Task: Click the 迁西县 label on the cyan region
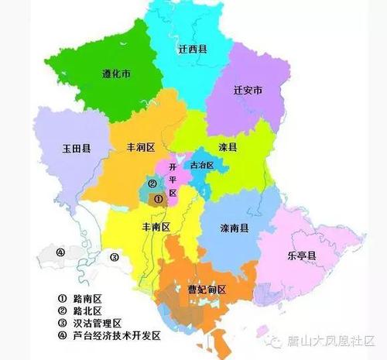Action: pyautogui.click(x=193, y=49)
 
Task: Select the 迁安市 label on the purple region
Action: pyautogui.click(x=248, y=91)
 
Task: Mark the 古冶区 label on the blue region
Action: pyautogui.click(x=209, y=165)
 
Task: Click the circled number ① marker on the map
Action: pyautogui.click(x=158, y=199)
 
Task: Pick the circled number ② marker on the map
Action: pyautogui.click(x=152, y=184)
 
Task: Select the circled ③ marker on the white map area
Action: pyautogui.click(x=114, y=257)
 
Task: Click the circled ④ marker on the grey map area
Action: pyautogui.click(x=60, y=252)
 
